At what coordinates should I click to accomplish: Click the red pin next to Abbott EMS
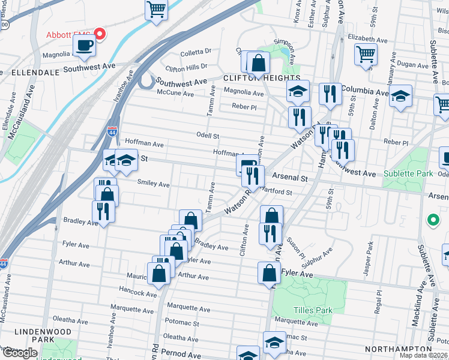(99, 34)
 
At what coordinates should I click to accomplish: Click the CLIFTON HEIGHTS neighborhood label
(262, 78)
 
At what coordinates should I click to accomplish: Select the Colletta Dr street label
(193, 52)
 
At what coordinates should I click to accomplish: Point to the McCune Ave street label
(175, 94)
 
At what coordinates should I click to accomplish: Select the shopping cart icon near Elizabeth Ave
(365, 55)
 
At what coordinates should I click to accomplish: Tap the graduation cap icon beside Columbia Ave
(400, 96)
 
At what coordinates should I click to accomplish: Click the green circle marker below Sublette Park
(432, 220)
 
